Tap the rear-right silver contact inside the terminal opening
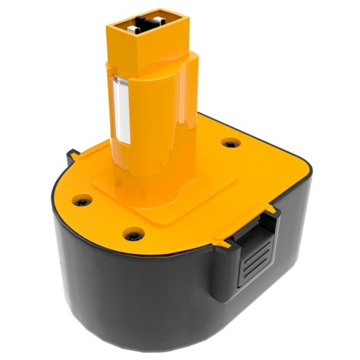[x=159, y=20]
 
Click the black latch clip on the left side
[x=70, y=158]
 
